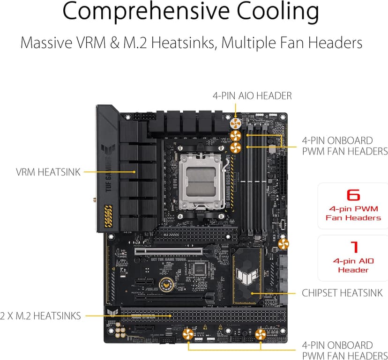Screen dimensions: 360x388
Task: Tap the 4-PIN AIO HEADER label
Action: (x=252, y=96)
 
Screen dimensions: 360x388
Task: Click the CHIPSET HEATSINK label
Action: (x=342, y=293)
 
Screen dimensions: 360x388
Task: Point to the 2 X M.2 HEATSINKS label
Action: (x=41, y=316)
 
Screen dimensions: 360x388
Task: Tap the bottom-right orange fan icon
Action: (x=261, y=335)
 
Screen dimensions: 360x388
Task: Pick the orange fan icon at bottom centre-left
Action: (x=188, y=335)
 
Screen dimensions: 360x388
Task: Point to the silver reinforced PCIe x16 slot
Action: (x=169, y=251)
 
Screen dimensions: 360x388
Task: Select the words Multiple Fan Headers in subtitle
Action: (x=291, y=43)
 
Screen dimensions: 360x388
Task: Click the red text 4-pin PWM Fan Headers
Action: (x=353, y=213)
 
